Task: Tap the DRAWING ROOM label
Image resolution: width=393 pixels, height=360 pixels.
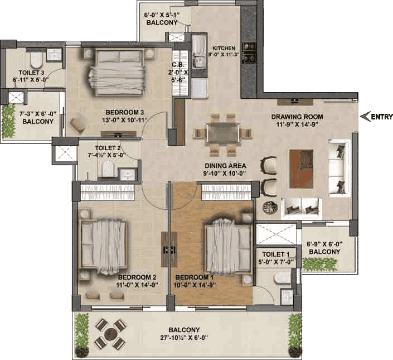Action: (x=297, y=117)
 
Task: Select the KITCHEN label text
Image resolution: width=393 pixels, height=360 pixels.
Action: (x=224, y=48)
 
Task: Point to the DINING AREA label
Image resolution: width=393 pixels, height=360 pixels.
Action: (x=225, y=166)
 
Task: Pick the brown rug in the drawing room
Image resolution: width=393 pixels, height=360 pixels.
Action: (x=301, y=169)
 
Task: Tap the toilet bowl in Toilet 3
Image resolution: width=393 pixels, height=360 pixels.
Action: (x=36, y=61)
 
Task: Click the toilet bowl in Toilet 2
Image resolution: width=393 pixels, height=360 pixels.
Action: (x=108, y=169)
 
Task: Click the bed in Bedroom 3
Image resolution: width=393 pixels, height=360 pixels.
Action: (x=118, y=73)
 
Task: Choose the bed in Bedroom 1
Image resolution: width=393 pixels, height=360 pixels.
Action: (x=227, y=246)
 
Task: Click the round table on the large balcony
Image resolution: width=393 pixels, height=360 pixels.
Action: (x=110, y=334)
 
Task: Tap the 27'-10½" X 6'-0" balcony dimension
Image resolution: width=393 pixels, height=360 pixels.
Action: (x=184, y=338)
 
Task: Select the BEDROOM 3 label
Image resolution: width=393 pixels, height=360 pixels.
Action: (x=124, y=112)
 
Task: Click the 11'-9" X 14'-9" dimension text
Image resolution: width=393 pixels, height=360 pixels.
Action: (x=297, y=124)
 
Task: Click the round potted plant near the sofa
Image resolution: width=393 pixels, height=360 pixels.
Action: (x=270, y=208)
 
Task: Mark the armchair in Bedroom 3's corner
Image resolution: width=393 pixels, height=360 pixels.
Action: (x=78, y=123)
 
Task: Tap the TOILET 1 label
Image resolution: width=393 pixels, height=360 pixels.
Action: (x=276, y=255)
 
